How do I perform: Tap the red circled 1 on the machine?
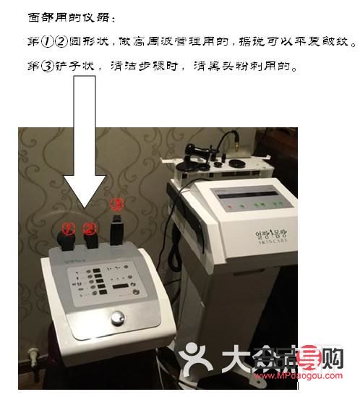point(68,229)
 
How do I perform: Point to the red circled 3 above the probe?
point(116,203)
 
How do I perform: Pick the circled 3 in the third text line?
point(48,67)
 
